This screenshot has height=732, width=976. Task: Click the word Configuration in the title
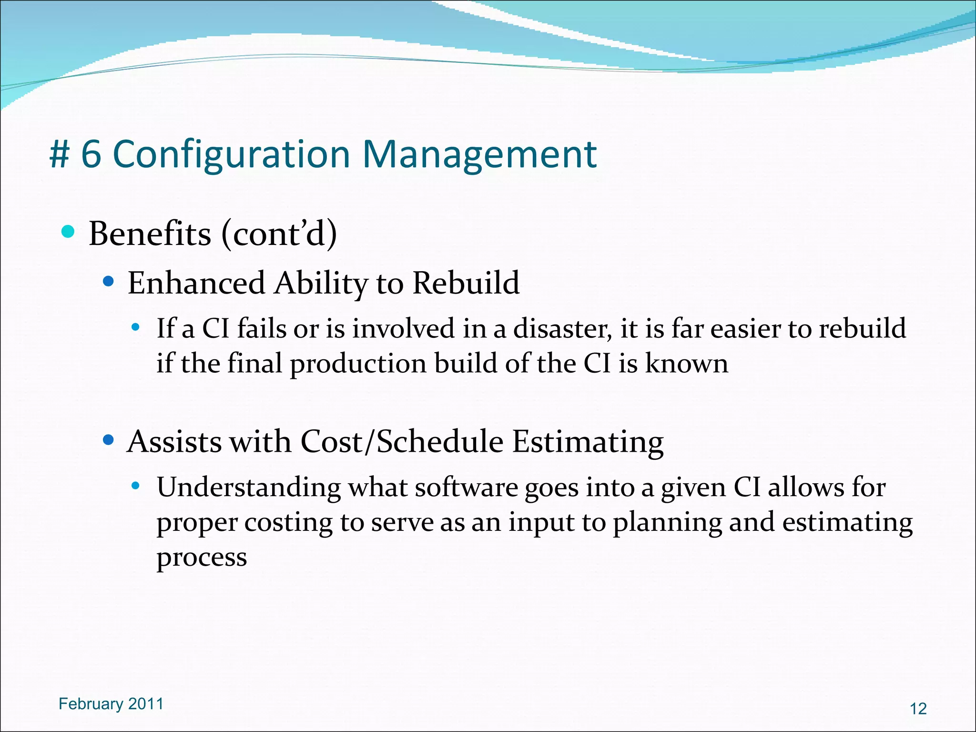(231, 155)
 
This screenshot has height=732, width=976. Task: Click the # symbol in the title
(60, 155)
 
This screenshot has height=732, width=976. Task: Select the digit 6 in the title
(91, 155)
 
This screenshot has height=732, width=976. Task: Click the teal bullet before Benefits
(68, 232)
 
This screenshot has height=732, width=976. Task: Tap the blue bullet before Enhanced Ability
(109, 282)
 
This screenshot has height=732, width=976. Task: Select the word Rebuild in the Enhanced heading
(466, 283)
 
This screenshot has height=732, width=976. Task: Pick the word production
(358, 364)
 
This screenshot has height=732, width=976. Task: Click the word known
(686, 364)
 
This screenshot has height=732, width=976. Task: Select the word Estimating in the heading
(588, 442)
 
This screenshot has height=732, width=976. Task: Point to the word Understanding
(249, 488)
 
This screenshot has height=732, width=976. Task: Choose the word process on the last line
(202, 558)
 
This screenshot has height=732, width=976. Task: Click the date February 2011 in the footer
(111, 704)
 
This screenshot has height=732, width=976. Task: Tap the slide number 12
(918, 709)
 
